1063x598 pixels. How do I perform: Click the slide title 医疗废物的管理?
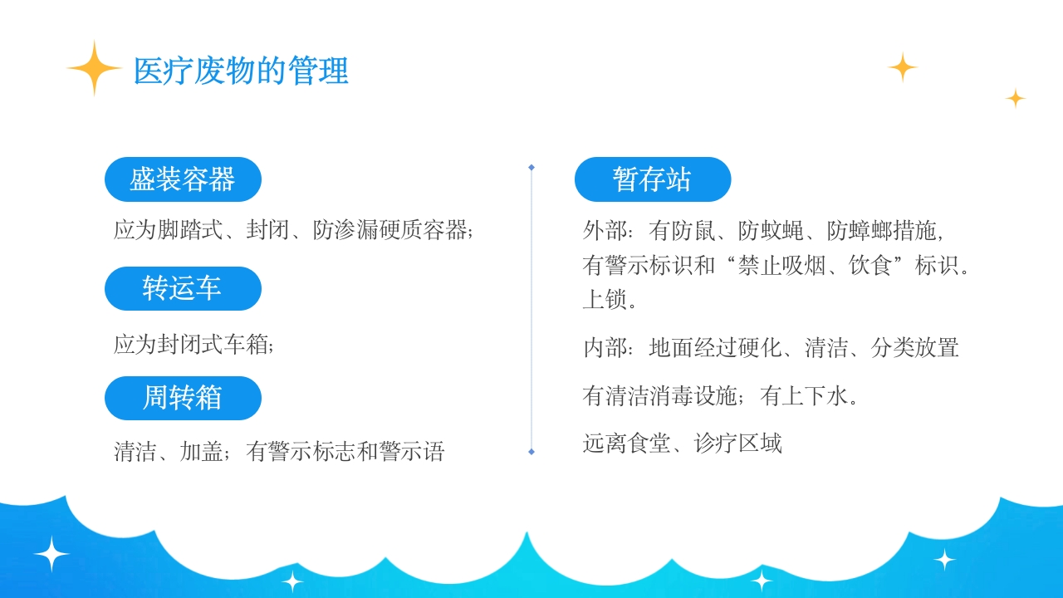click(241, 71)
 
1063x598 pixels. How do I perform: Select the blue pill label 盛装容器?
click(183, 179)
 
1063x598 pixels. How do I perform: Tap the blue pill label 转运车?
click(183, 288)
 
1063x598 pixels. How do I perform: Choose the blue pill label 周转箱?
click(183, 398)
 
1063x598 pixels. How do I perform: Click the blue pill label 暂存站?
click(652, 179)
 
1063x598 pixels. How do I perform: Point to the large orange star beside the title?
click(95, 68)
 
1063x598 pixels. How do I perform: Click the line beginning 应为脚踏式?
click(293, 230)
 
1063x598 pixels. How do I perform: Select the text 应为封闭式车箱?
click(193, 344)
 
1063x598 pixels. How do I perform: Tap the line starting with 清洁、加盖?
click(279, 451)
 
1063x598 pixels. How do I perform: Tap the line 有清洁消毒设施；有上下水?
click(720, 395)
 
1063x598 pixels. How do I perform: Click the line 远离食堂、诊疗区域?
click(682, 444)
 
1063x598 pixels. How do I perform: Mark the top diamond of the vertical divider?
click(531, 167)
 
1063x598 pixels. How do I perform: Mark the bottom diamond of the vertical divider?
click(531, 452)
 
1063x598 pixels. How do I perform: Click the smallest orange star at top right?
click(1015, 98)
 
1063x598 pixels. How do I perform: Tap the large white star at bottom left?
click(51, 554)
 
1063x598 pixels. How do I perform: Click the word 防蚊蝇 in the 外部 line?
click(771, 230)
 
